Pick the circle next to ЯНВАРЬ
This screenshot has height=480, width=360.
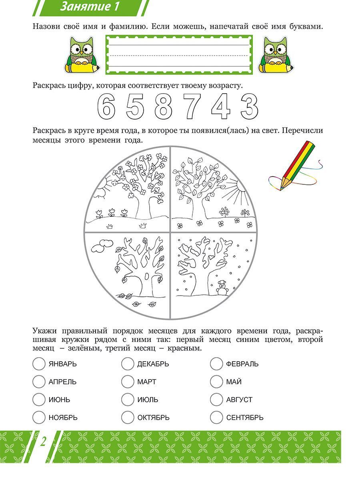pyautogui.click(x=39, y=364)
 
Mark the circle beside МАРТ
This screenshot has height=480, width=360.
pyautogui.click(x=128, y=382)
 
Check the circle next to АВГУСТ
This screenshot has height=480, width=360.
pyautogui.click(x=216, y=399)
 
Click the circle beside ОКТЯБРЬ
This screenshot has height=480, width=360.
pyautogui.click(x=128, y=417)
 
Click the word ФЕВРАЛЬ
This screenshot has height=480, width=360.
pyautogui.click(x=242, y=364)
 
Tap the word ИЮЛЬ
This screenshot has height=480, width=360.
pyautogui.click(x=148, y=400)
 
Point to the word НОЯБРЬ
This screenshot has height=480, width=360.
pyautogui.click(x=63, y=418)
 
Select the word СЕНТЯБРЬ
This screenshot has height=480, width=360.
pyautogui.click(x=244, y=418)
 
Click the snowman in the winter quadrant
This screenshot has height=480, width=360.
pyautogui.click(x=222, y=287)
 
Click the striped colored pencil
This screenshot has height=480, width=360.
pyautogui.click(x=296, y=164)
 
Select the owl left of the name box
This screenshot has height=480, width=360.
pyautogui.click(x=81, y=55)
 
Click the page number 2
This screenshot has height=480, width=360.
pyautogui.click(x=43, y=442)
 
